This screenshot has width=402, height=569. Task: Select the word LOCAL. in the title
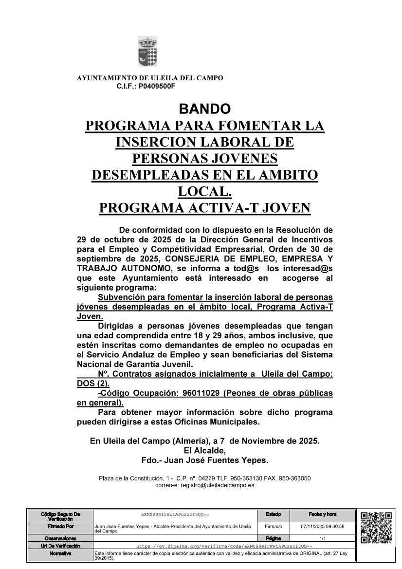click(204, 191)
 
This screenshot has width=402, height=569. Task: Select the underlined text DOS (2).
click(93, 383)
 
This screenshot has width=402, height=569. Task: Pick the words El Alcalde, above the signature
click(205, 450)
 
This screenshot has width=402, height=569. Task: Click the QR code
click(377, 528)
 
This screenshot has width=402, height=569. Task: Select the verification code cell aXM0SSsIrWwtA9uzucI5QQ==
click(175, 514)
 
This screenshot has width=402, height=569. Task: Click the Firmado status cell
click(273, 526)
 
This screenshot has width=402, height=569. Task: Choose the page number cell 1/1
click(322, 538)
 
